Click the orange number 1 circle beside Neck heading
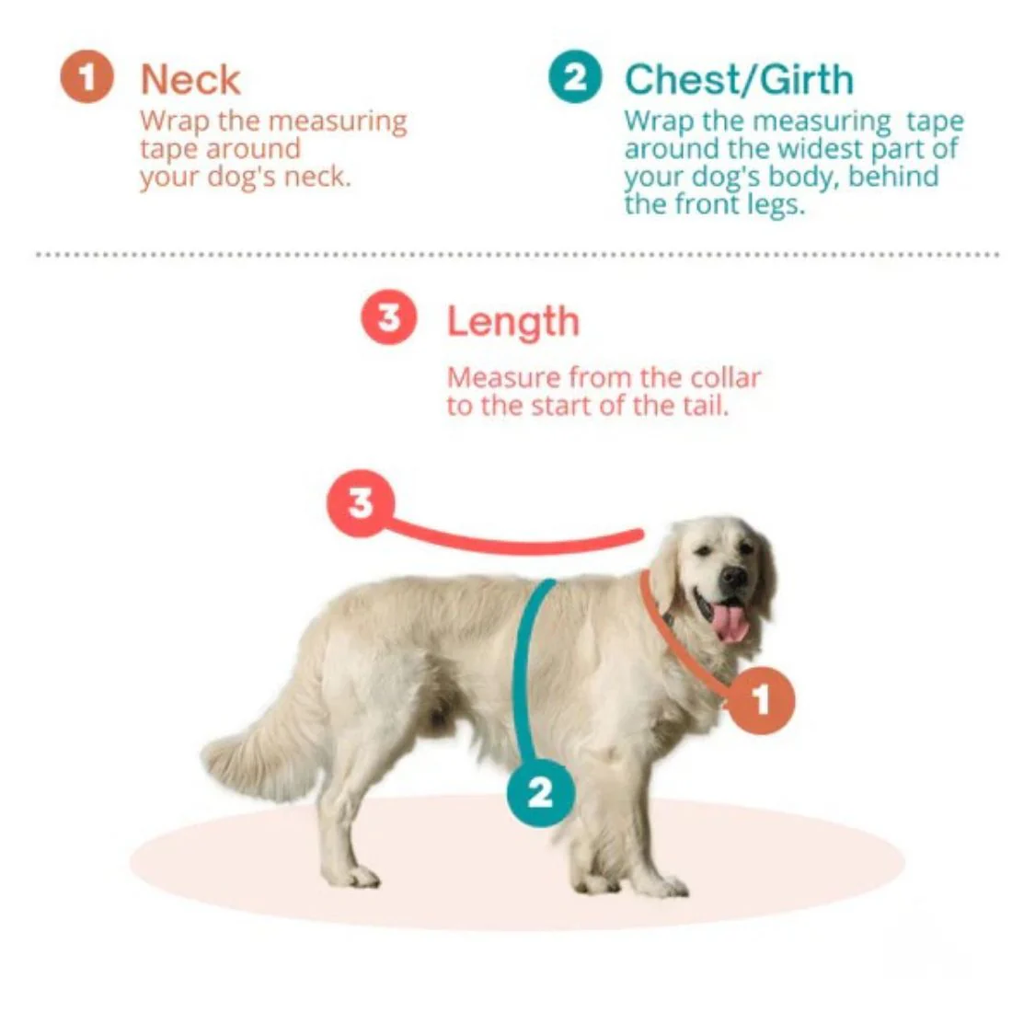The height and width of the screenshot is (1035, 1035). coord(86,76)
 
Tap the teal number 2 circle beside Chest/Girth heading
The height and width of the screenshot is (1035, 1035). coord(575,76)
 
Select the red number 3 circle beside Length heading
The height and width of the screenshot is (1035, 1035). coord(389,316)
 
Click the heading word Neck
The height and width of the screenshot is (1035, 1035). coord(190,80)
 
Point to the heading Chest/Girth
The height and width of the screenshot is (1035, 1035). coord(739,80)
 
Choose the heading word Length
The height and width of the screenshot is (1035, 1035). coord(512,321)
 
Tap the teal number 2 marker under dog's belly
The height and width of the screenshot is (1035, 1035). coord(541,792)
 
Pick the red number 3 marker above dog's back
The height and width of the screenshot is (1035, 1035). coord(361,503)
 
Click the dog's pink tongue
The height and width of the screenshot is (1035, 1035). coord(730,623)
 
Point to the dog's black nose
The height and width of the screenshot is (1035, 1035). coord(735,577)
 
